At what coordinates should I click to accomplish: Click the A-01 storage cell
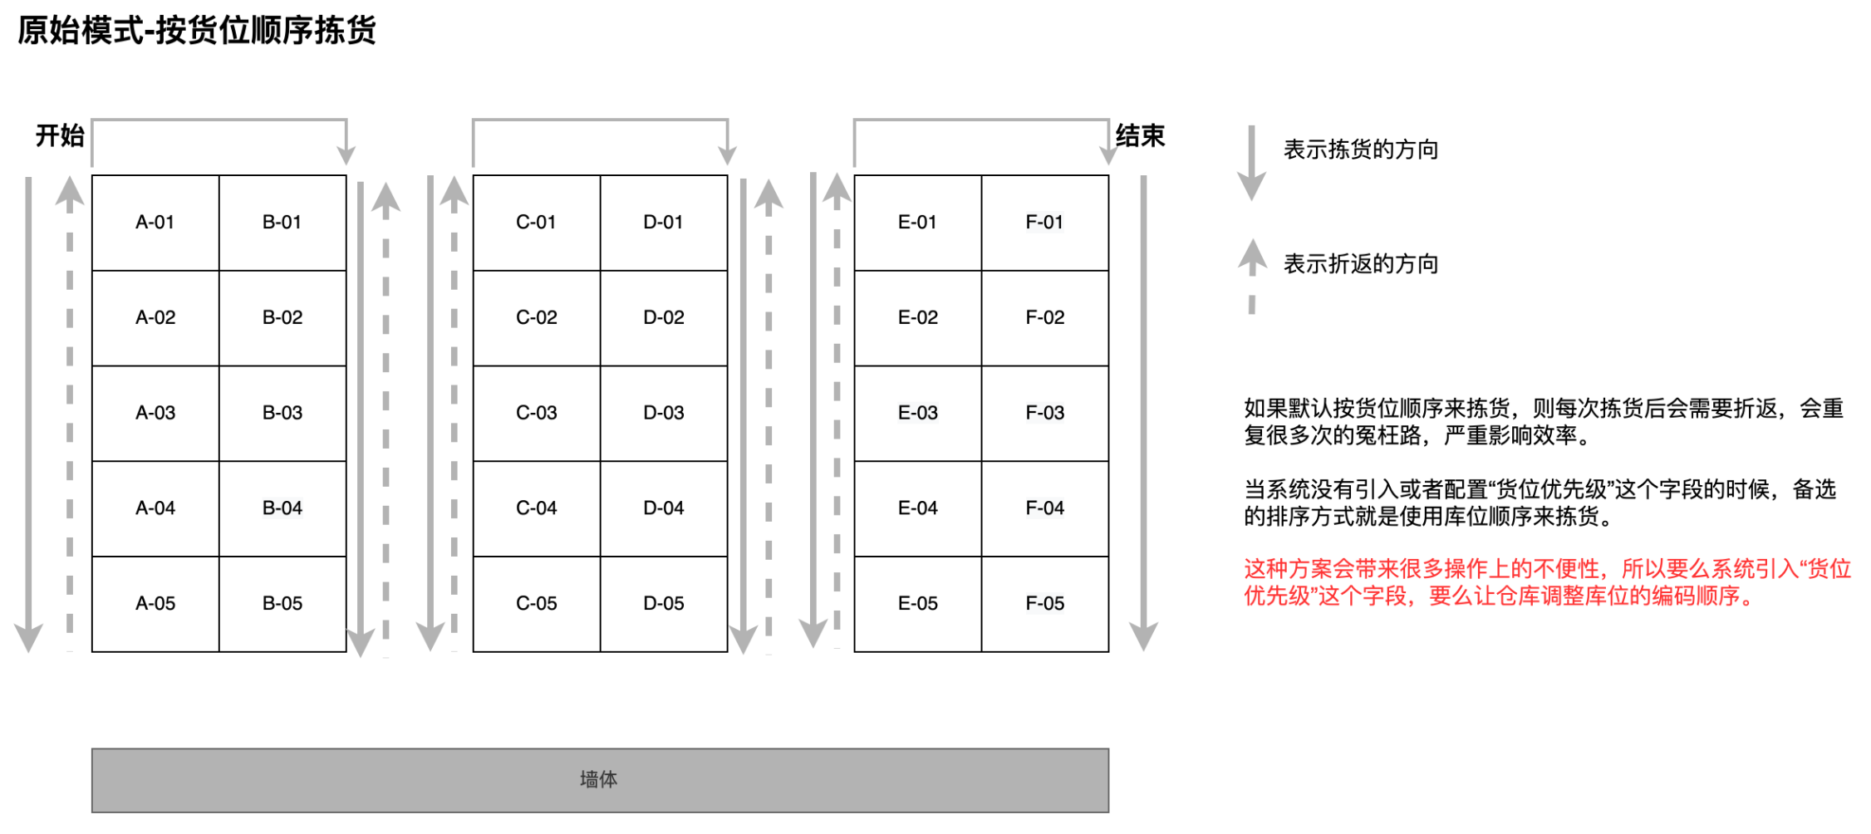click(155, 223)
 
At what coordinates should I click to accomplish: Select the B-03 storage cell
click(282, 413)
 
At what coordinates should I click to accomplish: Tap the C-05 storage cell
click(536, 604)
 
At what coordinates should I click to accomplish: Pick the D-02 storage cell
click(663, 317)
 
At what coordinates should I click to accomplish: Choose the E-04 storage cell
click(917, 508)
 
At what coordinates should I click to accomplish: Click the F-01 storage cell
click(1044, 223)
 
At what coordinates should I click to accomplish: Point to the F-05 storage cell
click(1044, 604)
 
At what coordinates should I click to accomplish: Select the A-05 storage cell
click(155, 604)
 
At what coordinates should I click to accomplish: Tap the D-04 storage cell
click(663, 508)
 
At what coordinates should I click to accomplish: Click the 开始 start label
click(60, 135)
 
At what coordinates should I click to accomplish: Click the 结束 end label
click(1140, 135)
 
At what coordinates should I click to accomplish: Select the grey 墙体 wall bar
click(600, 780)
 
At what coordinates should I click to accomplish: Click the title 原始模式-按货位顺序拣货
click(197, 31)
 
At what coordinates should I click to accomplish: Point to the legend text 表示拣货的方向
click(1360, 150)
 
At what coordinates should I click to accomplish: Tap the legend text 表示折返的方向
click(1360, 264)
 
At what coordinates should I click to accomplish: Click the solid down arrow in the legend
click(1251, 162)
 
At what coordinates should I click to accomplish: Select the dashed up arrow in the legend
click(1252, 274)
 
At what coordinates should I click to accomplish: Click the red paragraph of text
click(1546, 582)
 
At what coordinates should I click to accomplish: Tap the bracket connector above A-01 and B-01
click(219, 121)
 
